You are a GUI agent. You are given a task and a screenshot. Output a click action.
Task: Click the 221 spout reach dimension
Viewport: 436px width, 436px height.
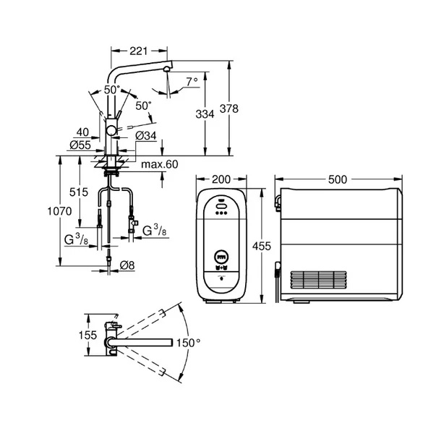point(139,51)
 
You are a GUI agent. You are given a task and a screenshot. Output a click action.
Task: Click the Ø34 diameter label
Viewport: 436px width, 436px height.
point(147,134)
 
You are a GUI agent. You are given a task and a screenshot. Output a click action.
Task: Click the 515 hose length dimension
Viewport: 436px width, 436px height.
point(79,192)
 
